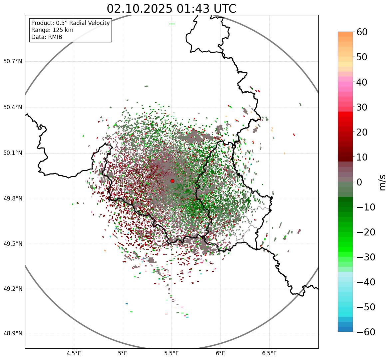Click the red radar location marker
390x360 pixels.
click(172, 181)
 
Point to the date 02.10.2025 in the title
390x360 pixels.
click(140, 9)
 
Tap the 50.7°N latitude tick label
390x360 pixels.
click(12, 62)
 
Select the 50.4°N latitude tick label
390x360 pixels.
click(12, 108)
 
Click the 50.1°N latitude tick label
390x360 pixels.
click(12, 153)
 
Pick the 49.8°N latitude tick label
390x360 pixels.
click(12, 199)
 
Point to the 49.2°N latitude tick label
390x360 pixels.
click(12, 289)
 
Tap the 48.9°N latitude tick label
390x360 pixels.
click(12, 334)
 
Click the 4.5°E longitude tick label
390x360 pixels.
click(74, 353)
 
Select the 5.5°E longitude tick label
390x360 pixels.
click(172, 353)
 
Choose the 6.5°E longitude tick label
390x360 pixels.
click(269, 353)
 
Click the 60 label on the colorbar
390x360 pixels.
click(362, 32)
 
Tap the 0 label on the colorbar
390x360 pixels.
click(359, 182)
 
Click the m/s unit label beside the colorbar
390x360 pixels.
click(382, 182)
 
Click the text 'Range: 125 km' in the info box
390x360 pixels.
click(52, 30)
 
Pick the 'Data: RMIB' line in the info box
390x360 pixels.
click(47, 37)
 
